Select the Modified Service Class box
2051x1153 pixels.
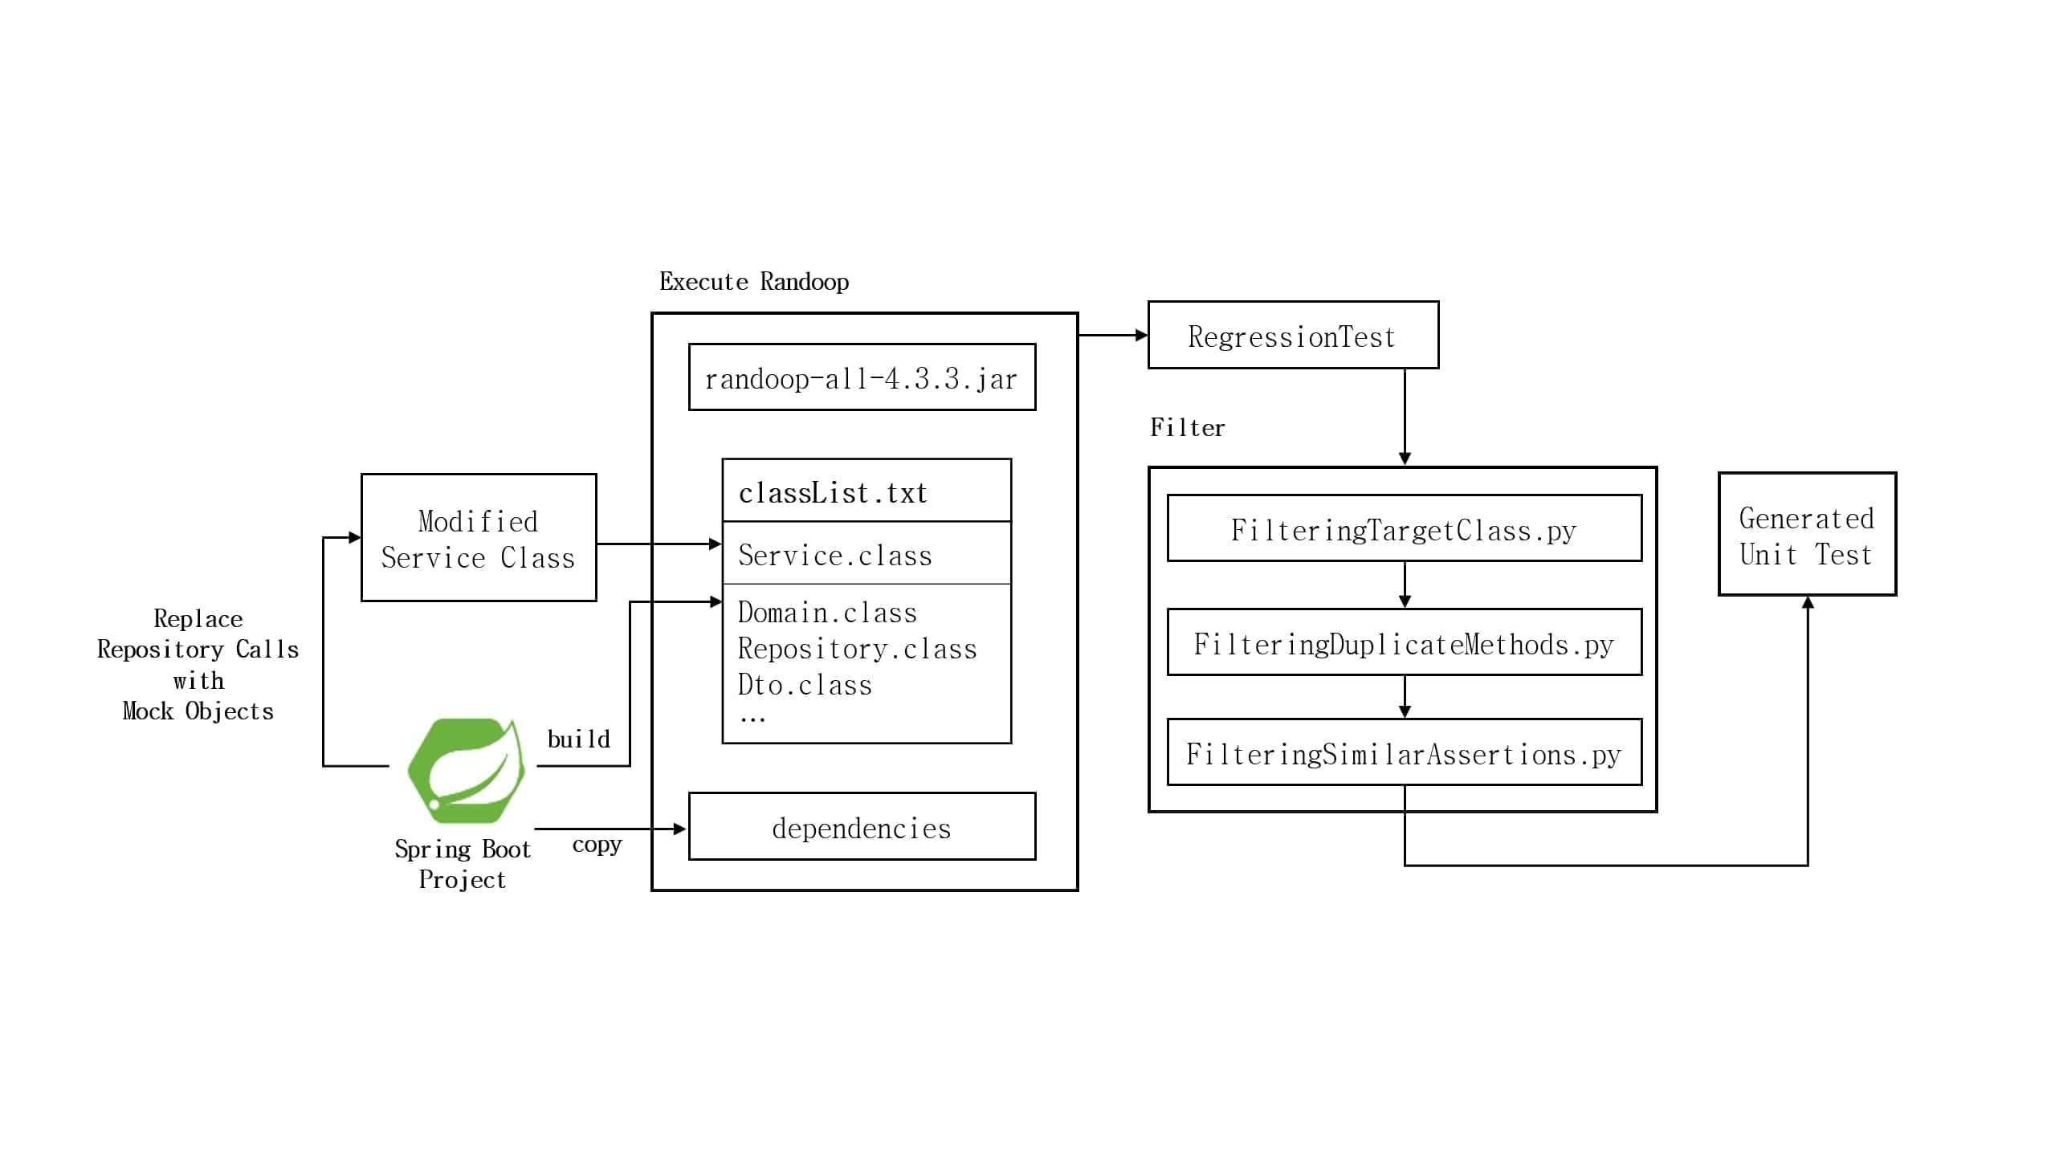478,538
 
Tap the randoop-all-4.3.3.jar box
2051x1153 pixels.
861,377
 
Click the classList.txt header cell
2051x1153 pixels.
866,491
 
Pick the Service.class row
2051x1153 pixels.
866,554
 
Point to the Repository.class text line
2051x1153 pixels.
857,648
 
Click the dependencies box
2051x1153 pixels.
861,827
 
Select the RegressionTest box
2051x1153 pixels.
1292,336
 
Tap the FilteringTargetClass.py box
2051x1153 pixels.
1403,529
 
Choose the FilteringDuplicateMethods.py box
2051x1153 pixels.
1403,643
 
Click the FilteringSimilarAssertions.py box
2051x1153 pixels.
1403,753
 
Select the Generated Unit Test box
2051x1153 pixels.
1806,536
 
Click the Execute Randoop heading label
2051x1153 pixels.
753,281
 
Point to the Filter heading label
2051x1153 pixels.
1187,427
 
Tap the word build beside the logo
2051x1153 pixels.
578,739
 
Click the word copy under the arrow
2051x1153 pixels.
597,845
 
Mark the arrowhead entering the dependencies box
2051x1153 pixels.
680,829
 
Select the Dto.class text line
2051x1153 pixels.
804,684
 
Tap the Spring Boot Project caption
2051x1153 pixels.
463,864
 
